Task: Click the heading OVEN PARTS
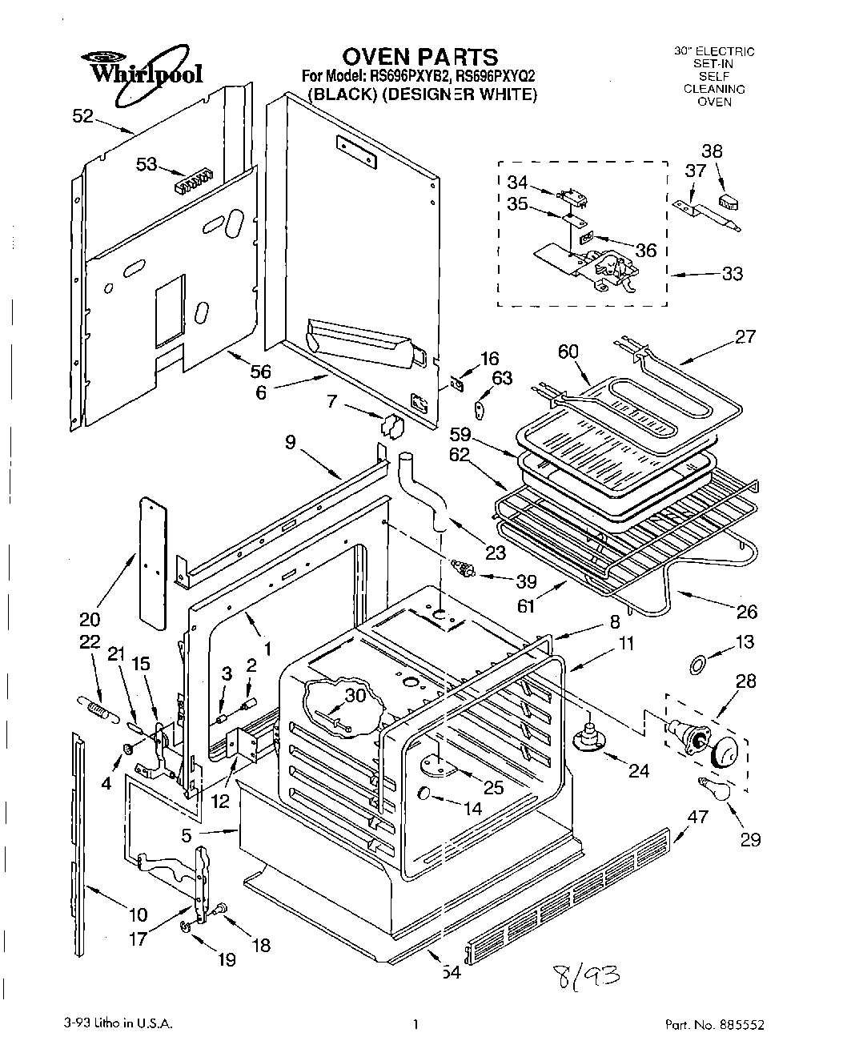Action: [419, 56]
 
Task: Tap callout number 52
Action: [82, 116]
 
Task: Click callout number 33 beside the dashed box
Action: [732, 274]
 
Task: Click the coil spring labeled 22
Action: [96, 707]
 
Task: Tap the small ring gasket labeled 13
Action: [696, 663]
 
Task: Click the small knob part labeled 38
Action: [729, 199]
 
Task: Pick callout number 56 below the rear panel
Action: [260, 372]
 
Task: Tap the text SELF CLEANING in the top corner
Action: [714, 82]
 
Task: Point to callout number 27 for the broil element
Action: [745, 336]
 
